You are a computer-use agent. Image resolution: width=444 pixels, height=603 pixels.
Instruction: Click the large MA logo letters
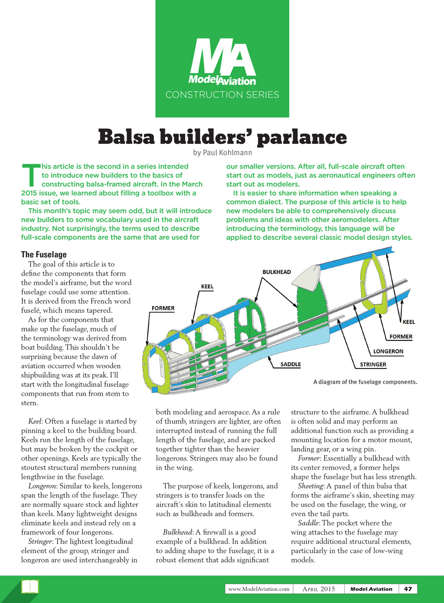point(222,57)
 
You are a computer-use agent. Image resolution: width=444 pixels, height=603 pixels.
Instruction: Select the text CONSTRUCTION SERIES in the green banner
point(222,94)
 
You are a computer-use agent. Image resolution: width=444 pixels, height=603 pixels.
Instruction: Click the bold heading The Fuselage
point(44,255)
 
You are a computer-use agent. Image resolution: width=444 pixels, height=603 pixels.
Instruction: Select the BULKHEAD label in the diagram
point(276,272)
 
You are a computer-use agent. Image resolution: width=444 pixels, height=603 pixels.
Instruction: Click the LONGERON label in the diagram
point(388,351)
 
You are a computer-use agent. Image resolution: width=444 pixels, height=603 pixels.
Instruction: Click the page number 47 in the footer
point(408,589)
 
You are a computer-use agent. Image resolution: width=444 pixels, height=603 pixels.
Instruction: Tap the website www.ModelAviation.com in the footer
point(259,589)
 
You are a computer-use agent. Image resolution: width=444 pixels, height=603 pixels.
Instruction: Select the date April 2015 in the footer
point(318,589)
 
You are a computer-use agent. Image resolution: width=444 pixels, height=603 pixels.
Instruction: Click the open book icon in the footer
point(30,587)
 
